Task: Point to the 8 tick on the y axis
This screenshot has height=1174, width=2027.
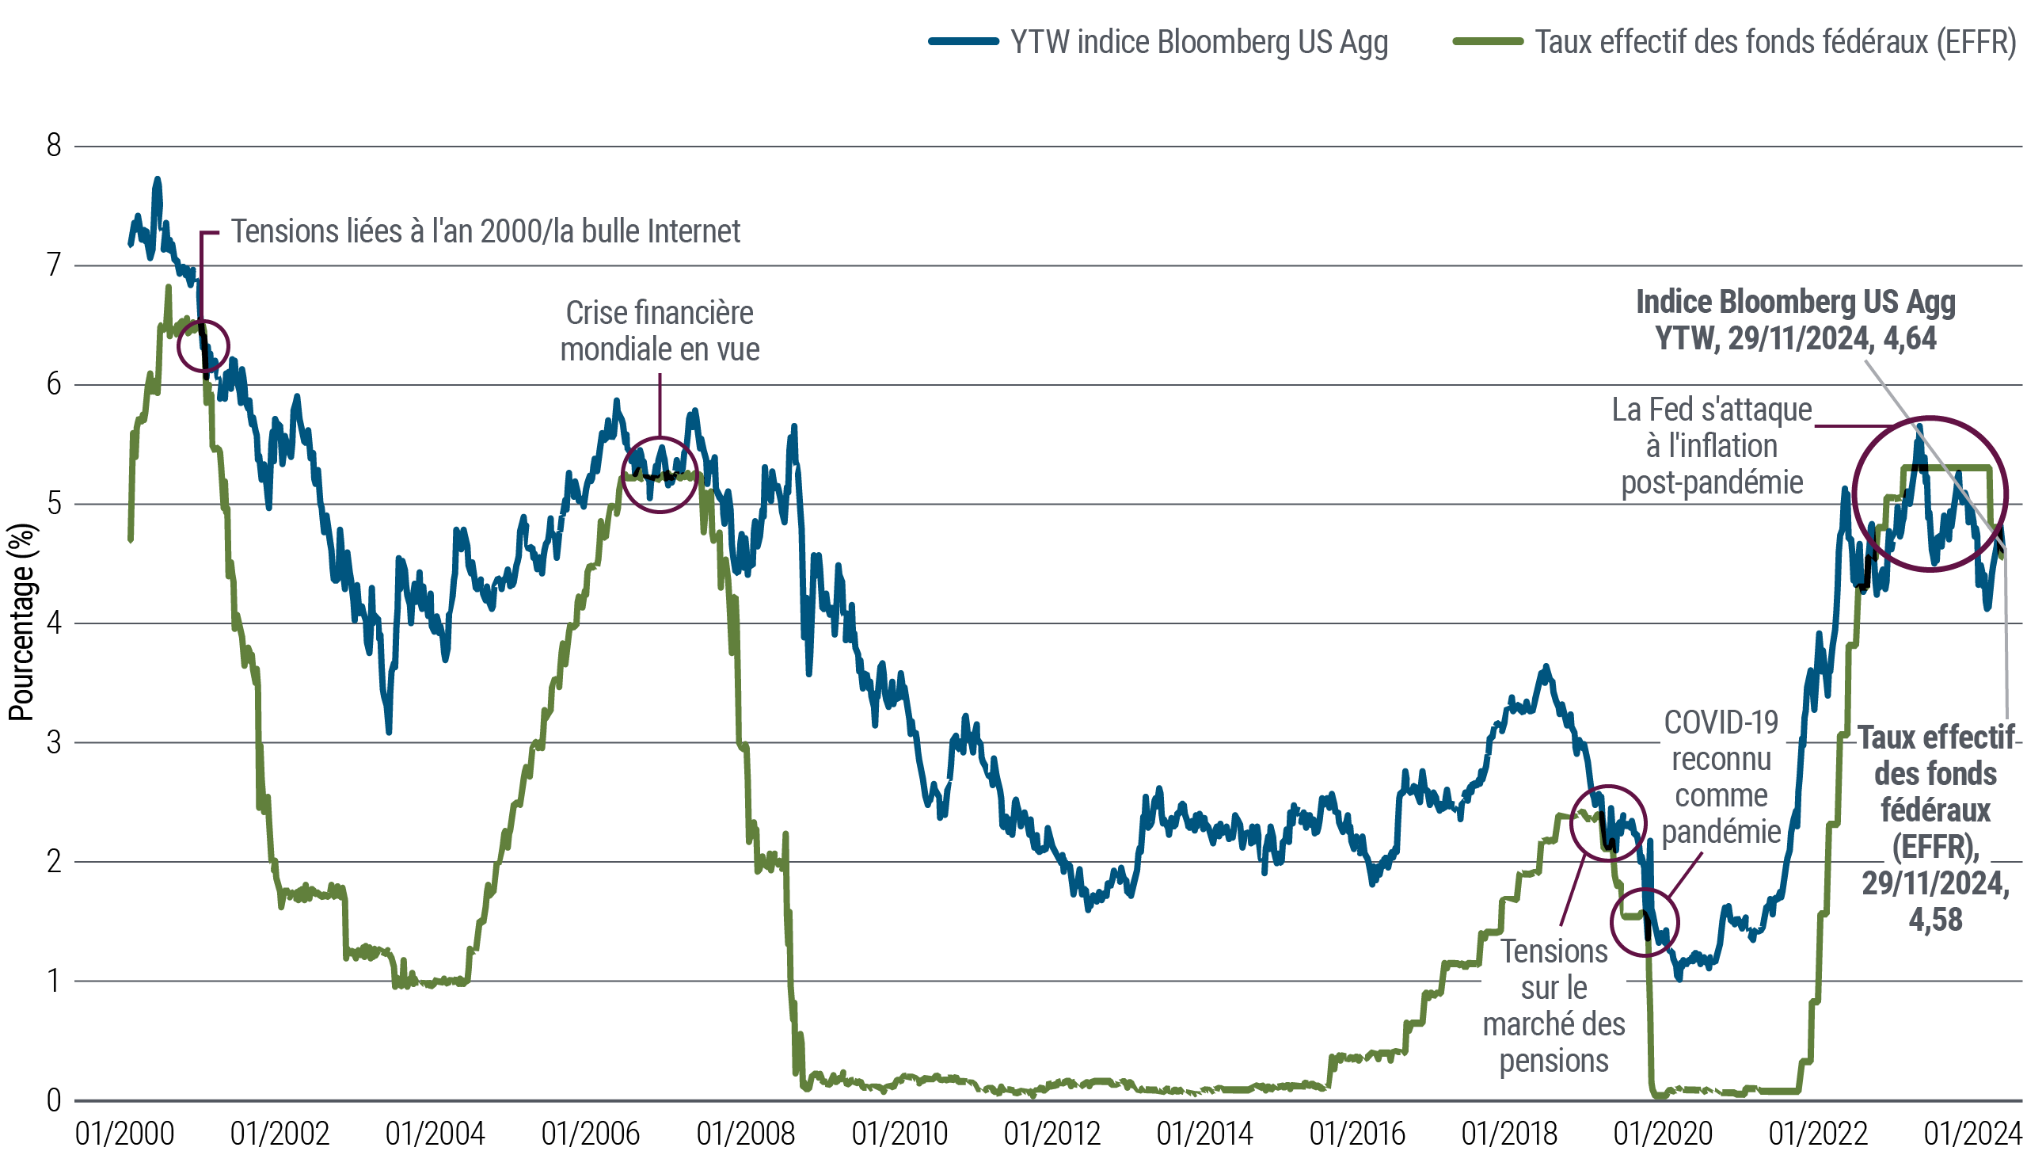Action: coord(53,147)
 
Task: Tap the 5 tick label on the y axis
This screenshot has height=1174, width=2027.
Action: coord(53,505)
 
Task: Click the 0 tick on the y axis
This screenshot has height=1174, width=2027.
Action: coord(53,1100)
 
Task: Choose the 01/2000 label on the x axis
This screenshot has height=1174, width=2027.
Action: coord(124,1134)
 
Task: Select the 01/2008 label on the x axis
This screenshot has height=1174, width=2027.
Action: coord(746,1134)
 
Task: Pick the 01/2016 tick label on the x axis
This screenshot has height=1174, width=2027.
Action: coord(1357,1134)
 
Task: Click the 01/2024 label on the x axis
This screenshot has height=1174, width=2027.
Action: coord(1972,1134)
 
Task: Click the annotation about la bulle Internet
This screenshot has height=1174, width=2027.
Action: coord(486,232)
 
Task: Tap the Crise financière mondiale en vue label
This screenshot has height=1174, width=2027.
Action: coord(660,330)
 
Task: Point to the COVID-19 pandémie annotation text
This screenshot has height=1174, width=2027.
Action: coord(1721,777)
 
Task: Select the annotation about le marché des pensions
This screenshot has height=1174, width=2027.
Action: coord(1554,1006)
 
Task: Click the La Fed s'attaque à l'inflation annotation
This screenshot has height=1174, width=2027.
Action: coord(1712,446)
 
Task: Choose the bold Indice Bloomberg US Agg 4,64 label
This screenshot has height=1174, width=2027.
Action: coord(1795,319)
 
